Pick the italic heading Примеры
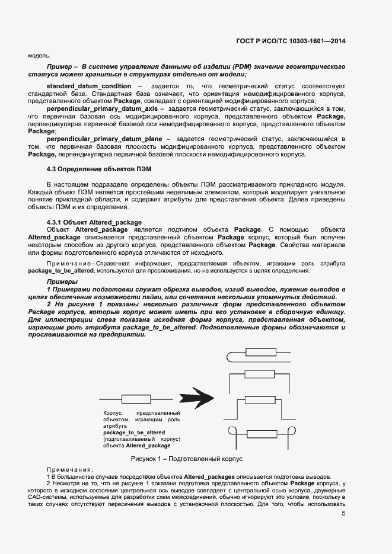pyautogui.click(x=62, y=281)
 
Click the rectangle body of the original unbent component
pyautogui.click(x=136, y=398)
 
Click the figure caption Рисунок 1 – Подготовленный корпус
pyautogui.click(x=187, y=459)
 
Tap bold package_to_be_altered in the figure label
pyautogui.click(x=134, y=433)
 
